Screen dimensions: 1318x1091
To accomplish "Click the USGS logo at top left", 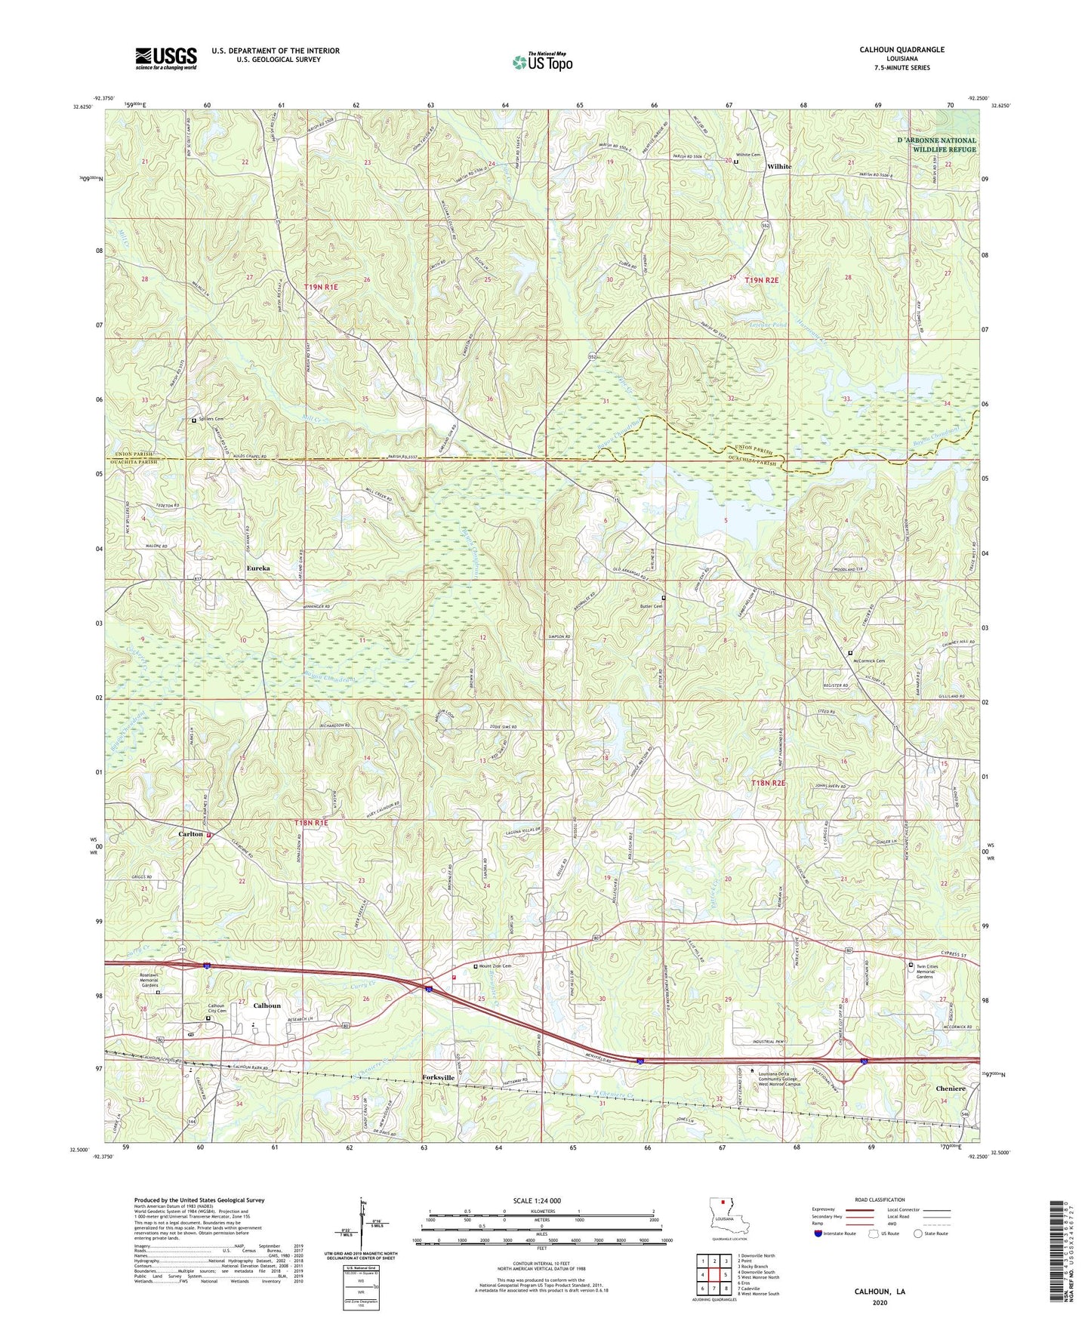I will pyautogui.click(x=166, y=58).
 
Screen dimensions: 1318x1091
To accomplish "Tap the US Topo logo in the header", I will pyautogui.click(x=542, y=62).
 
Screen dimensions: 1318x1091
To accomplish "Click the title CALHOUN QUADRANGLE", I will pyautogui.click(x=901, y=50).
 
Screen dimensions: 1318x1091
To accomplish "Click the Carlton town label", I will pyautogui.click(x=190, y=834).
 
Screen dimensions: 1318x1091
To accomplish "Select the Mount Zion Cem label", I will pyautogui.click(x=495, y=966).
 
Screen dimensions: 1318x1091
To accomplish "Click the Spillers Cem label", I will pyautogui.click(x=211, y=419).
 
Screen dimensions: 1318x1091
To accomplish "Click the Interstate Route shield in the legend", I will pyautogui.click(x=818, y=1233).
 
